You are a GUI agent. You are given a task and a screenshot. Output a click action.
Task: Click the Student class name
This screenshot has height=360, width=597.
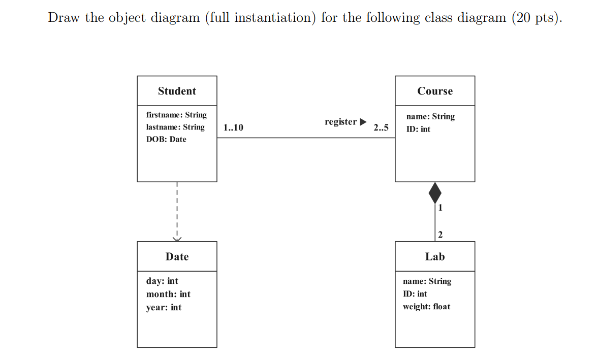(x=177, y=91)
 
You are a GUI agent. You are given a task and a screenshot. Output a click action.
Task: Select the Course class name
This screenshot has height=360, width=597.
(x=434, y=91)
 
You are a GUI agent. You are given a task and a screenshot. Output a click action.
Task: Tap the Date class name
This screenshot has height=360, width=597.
(x=177, y=257)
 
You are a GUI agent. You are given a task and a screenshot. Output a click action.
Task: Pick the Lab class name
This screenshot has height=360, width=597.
(x=434, y=257)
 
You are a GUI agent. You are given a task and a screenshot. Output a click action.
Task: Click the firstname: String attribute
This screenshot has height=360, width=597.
(x=176, y=115)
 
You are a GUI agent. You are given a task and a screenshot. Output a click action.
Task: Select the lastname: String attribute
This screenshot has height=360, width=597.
(x=175, y=127)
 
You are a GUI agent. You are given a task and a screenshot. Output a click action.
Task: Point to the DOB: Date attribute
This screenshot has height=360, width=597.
(x=166, y=140)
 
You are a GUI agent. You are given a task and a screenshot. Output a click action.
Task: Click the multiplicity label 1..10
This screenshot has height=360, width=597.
(x=233, y=128)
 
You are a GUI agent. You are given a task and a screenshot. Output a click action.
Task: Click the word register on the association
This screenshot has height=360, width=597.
(x=340, y=122)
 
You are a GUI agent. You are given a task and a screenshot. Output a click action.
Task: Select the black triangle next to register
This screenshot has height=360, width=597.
(x=362, y=122)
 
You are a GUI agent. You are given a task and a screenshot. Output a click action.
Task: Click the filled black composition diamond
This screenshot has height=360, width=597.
(x=435, y=193)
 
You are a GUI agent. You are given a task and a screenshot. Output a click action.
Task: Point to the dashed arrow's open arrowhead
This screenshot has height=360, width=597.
(x=177, y=239)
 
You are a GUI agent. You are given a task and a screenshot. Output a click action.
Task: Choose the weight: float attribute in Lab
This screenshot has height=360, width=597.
(x=426, y=307)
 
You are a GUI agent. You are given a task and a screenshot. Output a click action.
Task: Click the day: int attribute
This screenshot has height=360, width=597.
(x=162, y=281)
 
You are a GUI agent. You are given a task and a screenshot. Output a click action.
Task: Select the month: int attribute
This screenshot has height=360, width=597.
(x=168, y=294)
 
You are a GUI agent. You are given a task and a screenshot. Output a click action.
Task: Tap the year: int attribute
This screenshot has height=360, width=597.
(x=164, y=308)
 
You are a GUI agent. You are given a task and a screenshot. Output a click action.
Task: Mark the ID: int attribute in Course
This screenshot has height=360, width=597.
(x=418, y=129)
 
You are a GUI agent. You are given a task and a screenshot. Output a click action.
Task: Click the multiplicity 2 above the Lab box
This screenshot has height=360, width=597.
(x=440, y=235)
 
